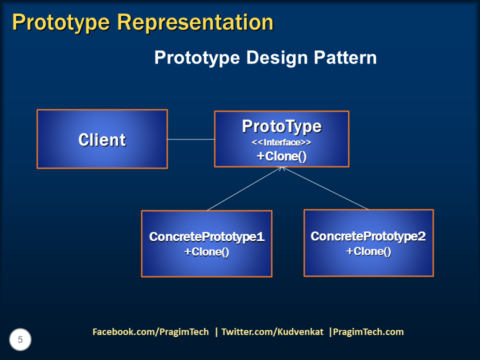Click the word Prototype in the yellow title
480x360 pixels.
coord(60,23)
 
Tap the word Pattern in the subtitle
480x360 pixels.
coord(345,58)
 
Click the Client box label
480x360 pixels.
coord(102,140)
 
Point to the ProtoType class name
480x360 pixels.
coord(281,126)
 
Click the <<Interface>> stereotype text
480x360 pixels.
coord(281,143)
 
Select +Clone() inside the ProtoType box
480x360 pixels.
coord(281,156)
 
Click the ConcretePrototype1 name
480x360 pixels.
coord(206,237)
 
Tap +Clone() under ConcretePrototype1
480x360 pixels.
coord(206,252)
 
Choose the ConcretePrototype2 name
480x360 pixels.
coord(368,236)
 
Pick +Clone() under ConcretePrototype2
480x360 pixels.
coord(368,251)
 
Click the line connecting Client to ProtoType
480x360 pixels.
coord(191,139)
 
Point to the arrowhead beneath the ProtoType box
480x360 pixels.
coord(282,169)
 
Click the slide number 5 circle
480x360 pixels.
coord(20,340)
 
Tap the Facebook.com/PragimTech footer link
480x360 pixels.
coord(150,332)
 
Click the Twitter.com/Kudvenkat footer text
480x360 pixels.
coord(272,332)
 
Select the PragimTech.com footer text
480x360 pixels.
coord(368,332)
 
